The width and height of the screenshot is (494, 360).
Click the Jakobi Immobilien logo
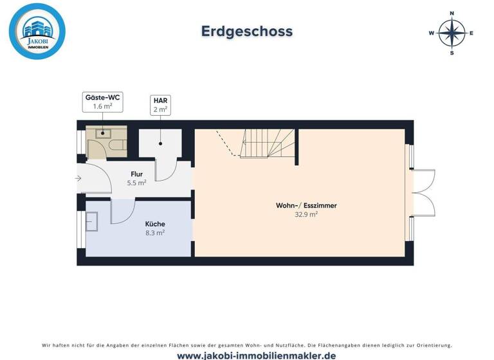pos(37,31)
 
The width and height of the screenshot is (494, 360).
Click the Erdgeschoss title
pos(247,31)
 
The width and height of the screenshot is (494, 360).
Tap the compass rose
pos(452,33)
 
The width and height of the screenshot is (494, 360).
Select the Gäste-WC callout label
pos(103,102)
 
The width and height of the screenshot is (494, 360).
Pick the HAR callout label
pos(160,105)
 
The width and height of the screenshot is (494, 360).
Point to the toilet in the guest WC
pos(118,146)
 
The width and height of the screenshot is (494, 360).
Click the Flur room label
pos(137,174)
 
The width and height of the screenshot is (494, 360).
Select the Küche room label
pos(155,224)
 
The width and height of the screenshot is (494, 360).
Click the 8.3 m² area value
pos(155,233)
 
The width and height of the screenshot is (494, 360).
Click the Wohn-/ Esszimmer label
pos(306,206)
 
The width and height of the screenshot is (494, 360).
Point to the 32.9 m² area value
pos(306,215)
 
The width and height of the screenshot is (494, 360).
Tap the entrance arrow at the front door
pos(78,178)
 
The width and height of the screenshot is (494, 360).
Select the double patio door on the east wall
pos(423,192)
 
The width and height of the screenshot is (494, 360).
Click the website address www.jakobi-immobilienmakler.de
pos(247,355)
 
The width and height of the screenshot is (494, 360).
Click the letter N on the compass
pos(452,13)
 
